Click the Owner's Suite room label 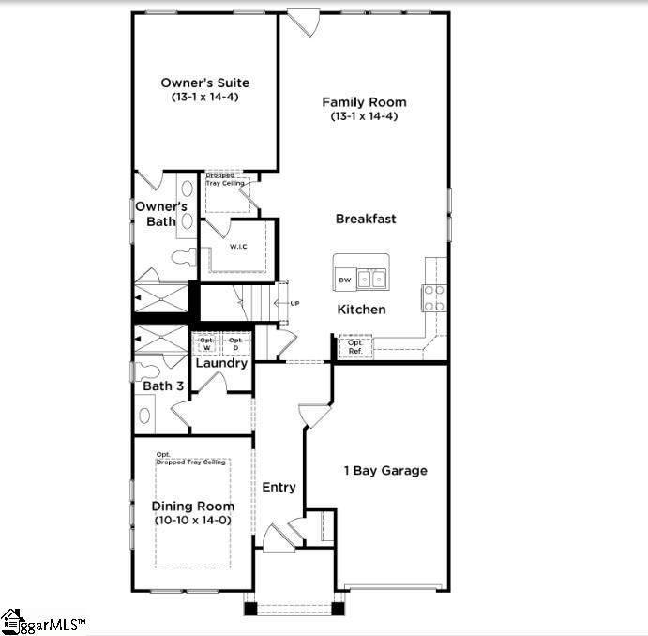tap(204, 83)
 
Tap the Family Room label tap(364, 102)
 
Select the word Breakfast tap(366, 219)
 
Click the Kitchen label tap(361, 309)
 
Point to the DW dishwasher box tap(345, 280)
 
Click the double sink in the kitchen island tap(373, 278)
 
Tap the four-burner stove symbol tap(434, 298)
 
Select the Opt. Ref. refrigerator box tap(355, 347)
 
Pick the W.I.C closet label tap(239, 247)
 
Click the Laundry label tap(221, 363)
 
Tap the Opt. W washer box tap(206, 344)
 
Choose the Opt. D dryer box tap(235, 344)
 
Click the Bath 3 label tap(163, 386)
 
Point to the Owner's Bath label tap(161, 214)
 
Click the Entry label tap(279, 487)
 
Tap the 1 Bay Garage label tap(384, 470)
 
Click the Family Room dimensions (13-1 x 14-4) tap(364, 116)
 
